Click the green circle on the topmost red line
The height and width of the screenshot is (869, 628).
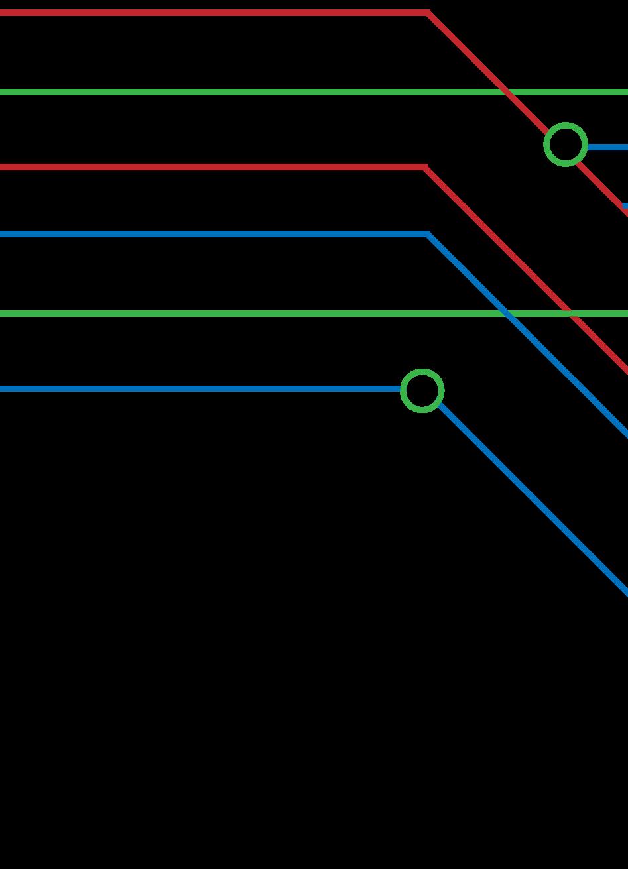566,145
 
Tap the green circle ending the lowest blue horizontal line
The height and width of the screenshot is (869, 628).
422,390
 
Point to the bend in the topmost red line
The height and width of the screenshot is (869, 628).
428,13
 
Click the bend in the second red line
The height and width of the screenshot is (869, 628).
425,168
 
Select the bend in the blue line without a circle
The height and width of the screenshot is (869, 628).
428,234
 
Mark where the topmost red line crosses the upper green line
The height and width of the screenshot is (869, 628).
508,92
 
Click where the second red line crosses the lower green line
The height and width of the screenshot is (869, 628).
570,313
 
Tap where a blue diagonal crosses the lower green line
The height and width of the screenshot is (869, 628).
508,313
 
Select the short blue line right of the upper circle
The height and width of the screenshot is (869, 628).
607,147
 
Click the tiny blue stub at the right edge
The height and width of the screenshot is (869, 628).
625,206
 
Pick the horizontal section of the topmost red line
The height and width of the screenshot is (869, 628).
212,13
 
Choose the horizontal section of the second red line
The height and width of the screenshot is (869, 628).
212,168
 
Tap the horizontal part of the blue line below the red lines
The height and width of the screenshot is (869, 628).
212,234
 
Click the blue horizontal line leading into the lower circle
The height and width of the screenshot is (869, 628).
199,389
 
